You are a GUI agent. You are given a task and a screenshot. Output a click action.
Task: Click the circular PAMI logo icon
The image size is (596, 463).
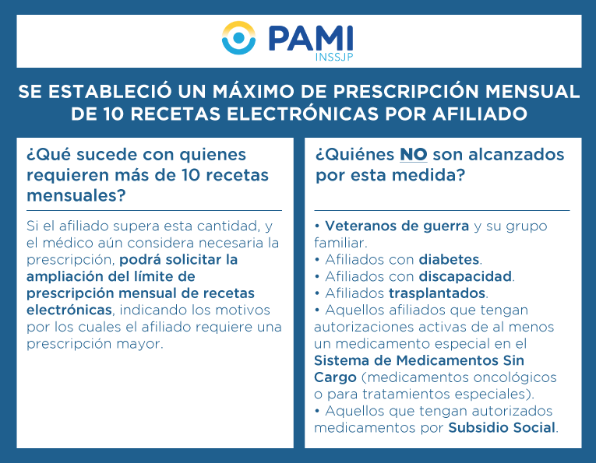pos(238,37)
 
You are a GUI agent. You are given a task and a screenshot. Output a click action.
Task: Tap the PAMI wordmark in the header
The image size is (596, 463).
pos(311,38)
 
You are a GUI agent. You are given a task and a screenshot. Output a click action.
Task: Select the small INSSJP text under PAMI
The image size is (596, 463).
pos(334,57)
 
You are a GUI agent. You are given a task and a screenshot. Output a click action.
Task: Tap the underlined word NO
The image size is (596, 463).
pos(414,155)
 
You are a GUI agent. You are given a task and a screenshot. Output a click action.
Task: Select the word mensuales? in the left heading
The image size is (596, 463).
pos(76,196)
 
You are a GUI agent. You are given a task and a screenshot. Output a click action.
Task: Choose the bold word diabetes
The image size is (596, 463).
pos(449,260)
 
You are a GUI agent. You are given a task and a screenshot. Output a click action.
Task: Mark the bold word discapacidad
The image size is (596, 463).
pos(465,276)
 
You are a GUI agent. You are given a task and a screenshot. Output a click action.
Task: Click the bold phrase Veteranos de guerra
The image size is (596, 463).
pos(397,226)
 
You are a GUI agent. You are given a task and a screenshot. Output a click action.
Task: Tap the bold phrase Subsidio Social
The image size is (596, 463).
pos(502,427)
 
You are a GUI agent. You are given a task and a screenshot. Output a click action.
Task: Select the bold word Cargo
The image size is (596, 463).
pos(335,377)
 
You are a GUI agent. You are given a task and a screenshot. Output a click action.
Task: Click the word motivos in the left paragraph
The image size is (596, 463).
pos(242,310)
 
